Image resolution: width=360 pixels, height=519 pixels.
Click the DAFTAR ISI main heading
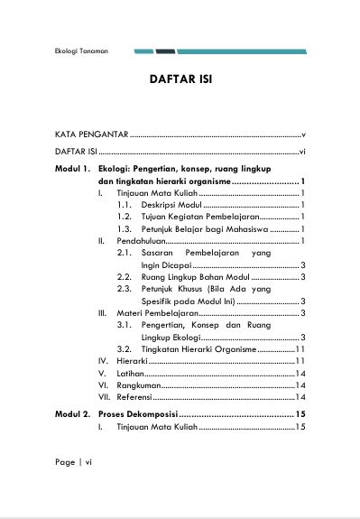coord(180,81)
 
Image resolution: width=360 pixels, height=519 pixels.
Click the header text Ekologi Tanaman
coord(80,51)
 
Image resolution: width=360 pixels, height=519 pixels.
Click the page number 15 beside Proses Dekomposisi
coord(300,413)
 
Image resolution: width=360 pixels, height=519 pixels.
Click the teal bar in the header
coord(244,51)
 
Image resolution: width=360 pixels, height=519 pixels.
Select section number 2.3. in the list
coord(125,288)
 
